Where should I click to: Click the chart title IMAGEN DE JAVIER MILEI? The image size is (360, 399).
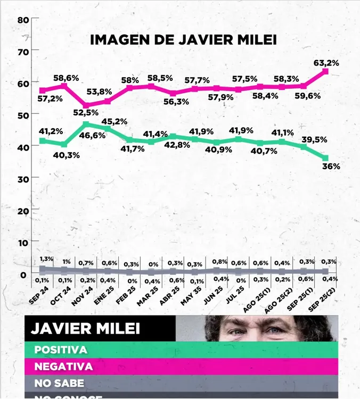tap(183, 40)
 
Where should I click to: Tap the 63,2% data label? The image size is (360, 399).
tap(326, 63)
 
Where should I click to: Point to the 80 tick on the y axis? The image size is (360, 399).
tap(22, 20)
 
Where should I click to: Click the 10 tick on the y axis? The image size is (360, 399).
tap(22, 243)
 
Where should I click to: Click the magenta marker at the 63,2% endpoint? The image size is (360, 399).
tap(325, 71)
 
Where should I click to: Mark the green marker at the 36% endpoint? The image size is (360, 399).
tap(325, 158)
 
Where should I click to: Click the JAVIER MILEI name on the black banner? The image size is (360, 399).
tap(85, 328)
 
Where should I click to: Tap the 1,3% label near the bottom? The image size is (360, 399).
tap(46, 259)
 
